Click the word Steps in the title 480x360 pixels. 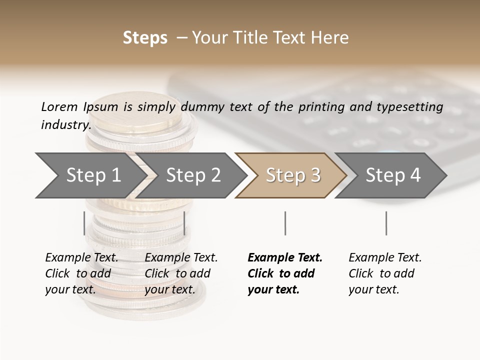coord(145,37)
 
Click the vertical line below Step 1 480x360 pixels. coord(84,223)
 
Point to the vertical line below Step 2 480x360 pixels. coord(184,223)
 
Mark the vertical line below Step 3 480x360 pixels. coord(285,223)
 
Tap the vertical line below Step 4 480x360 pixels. coord(386,223)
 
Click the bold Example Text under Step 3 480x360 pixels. coord(285,273)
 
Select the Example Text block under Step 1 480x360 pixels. coord(81,273)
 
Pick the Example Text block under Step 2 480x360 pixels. coord(181,273)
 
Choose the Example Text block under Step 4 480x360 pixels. coord(385,273)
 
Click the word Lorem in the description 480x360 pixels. coord(59,106)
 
